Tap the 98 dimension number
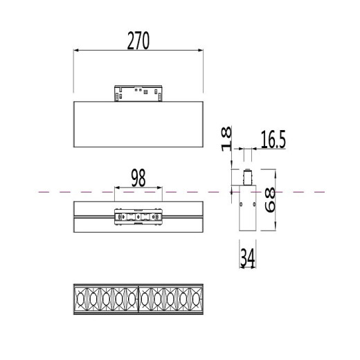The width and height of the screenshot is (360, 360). click(x=138, y=178)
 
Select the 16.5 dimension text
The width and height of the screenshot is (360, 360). click(x=273, y=141)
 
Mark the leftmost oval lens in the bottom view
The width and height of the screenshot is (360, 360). click(x=80, y=300)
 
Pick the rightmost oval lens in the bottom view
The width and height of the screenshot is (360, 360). click(x=197, y=300)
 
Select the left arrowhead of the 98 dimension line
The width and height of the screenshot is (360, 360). click(x=116, y=188)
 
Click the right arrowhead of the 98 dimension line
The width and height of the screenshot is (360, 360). click(x=161, y=188)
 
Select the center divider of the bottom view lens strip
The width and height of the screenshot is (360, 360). click(x=138, y=300)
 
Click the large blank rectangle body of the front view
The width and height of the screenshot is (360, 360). click(x=138, y=123)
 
